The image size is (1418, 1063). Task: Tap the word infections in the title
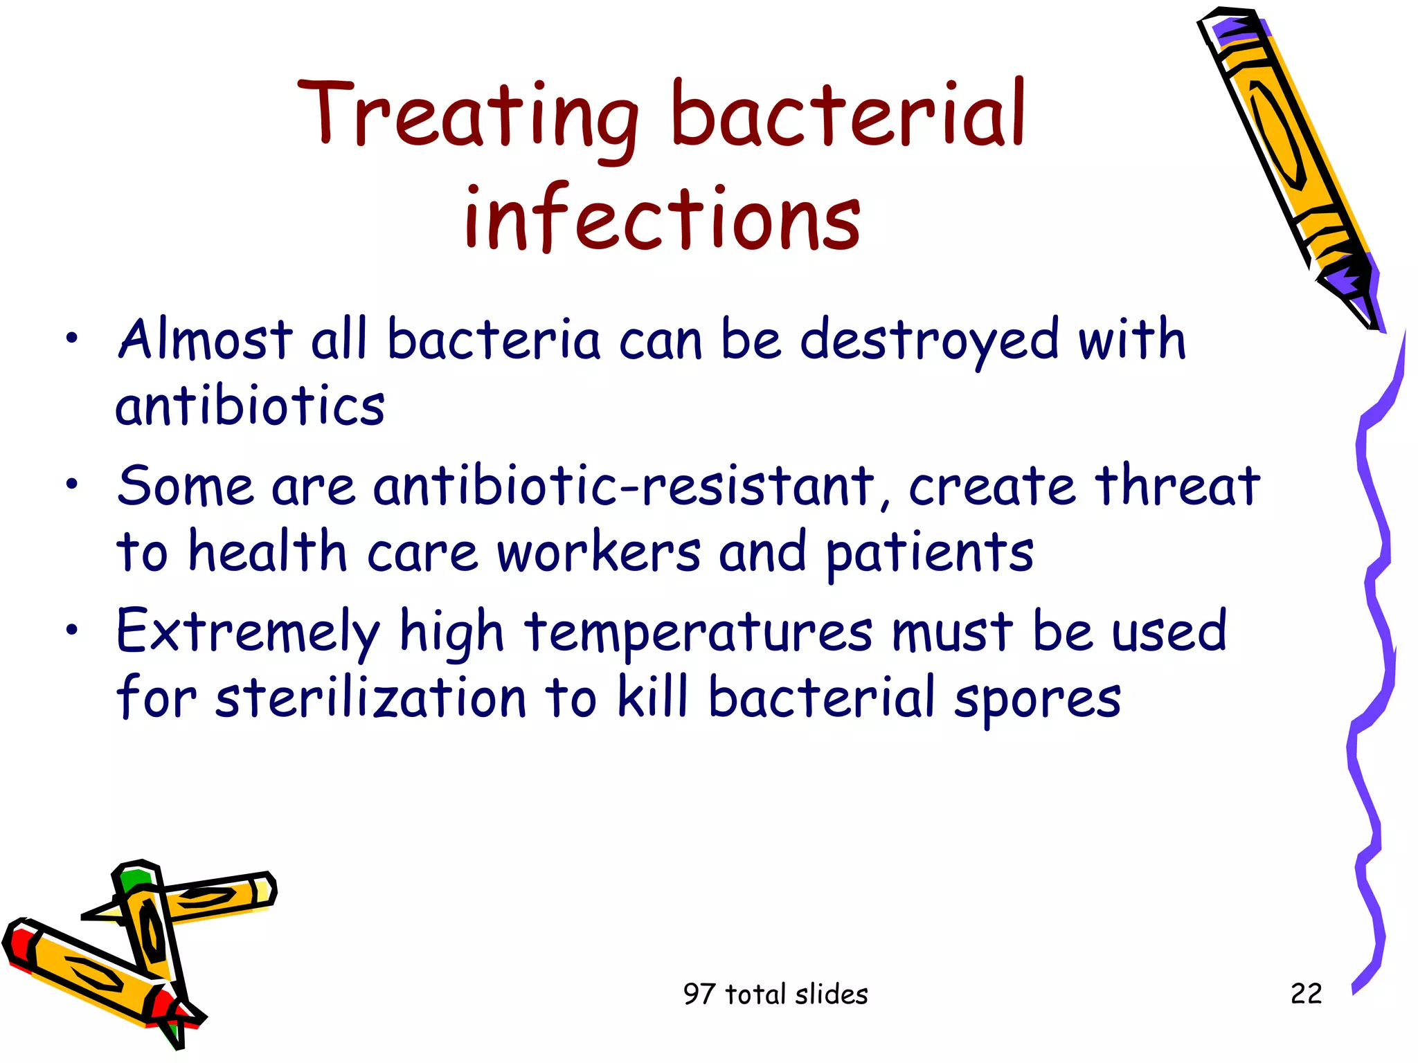tap(663, 218)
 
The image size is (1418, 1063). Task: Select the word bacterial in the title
tap(848, 114)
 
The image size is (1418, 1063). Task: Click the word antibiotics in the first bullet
tap(250, 406)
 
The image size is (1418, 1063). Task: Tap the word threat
tap(1177, 486)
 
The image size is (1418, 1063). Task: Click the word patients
tap(929, 554)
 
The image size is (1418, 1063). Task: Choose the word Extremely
tap(248, 632)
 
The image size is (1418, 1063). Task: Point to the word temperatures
tap(698, 632)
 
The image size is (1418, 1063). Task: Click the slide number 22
tap(1306, 994)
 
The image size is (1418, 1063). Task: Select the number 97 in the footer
tap(698, 994)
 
